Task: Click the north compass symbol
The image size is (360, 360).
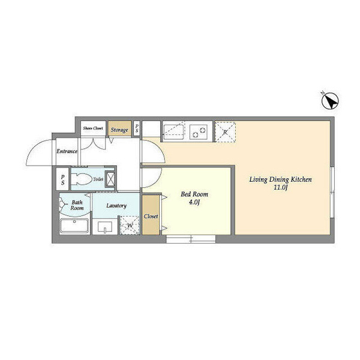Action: point(330,101)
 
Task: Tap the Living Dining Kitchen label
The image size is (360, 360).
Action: point(281,179)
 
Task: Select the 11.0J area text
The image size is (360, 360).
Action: point(281,187)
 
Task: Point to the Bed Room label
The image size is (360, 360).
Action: point(194,194)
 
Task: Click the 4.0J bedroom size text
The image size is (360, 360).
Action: point(194,203)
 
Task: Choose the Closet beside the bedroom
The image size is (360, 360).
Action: point(151,215)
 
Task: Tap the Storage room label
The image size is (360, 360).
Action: point(119,130)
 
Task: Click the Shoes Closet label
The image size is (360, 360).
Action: point(93,128)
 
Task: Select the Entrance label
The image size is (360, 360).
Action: point(67,151)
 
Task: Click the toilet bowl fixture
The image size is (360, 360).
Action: point(80,179)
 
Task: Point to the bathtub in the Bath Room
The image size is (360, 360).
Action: point(74,226)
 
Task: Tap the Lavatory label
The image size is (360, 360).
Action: point(116,205)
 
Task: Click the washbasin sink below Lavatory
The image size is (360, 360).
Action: point(105,227)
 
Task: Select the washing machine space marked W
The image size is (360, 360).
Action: point(130,226)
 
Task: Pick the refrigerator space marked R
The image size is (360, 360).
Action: point(225,132)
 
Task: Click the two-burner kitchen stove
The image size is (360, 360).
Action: point(199,132)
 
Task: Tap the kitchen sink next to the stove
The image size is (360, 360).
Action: point(173,132)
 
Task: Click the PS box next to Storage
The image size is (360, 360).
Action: point(137,128)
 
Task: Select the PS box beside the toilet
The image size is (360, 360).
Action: point(62,179)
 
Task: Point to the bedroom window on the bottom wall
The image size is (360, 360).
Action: point(191,239)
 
